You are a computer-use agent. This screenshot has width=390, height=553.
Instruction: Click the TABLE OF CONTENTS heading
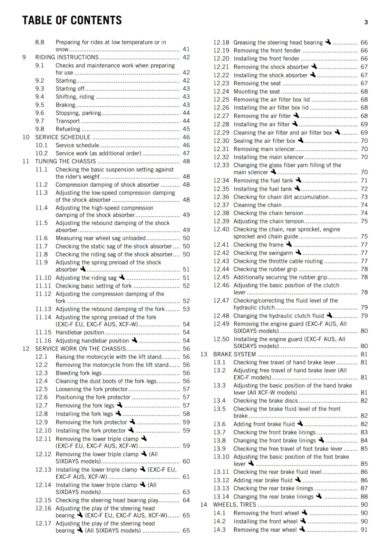coord(72,20)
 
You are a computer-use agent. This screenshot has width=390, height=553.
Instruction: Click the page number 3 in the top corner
coord(366,22)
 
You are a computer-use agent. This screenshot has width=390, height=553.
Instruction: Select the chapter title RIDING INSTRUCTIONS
coord(67,57)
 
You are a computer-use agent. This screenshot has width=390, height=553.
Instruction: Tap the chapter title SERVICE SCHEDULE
coord(63,137)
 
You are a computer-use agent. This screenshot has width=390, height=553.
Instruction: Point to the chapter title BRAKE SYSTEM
coord(234,354)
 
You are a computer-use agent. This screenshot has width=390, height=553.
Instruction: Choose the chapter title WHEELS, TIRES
coord(234,505)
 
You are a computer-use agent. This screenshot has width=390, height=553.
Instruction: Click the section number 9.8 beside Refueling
coord(40,129)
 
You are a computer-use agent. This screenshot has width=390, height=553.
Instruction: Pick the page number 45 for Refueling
coord(186,129)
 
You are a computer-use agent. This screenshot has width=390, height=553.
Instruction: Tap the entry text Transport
coord(68,121)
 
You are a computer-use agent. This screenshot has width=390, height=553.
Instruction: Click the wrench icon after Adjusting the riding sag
coord(122,277)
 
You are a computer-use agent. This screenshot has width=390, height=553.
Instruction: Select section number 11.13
coord(43,309)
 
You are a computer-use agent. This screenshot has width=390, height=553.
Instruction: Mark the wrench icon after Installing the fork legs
coord(118,413)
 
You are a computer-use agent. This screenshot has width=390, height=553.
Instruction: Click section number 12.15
coord(43,500)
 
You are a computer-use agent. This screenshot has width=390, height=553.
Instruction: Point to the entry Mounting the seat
coord(257,92)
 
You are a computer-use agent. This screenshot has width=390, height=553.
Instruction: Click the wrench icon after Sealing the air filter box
coord(301,140)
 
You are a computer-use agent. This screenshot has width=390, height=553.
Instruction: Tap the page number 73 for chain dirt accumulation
coord(364,197)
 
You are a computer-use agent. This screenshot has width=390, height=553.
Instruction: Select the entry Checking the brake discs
coord(265,401)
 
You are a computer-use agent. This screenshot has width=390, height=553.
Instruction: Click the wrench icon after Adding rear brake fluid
coord(298,480)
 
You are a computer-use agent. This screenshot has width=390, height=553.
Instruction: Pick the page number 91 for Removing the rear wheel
coord(364,529)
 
